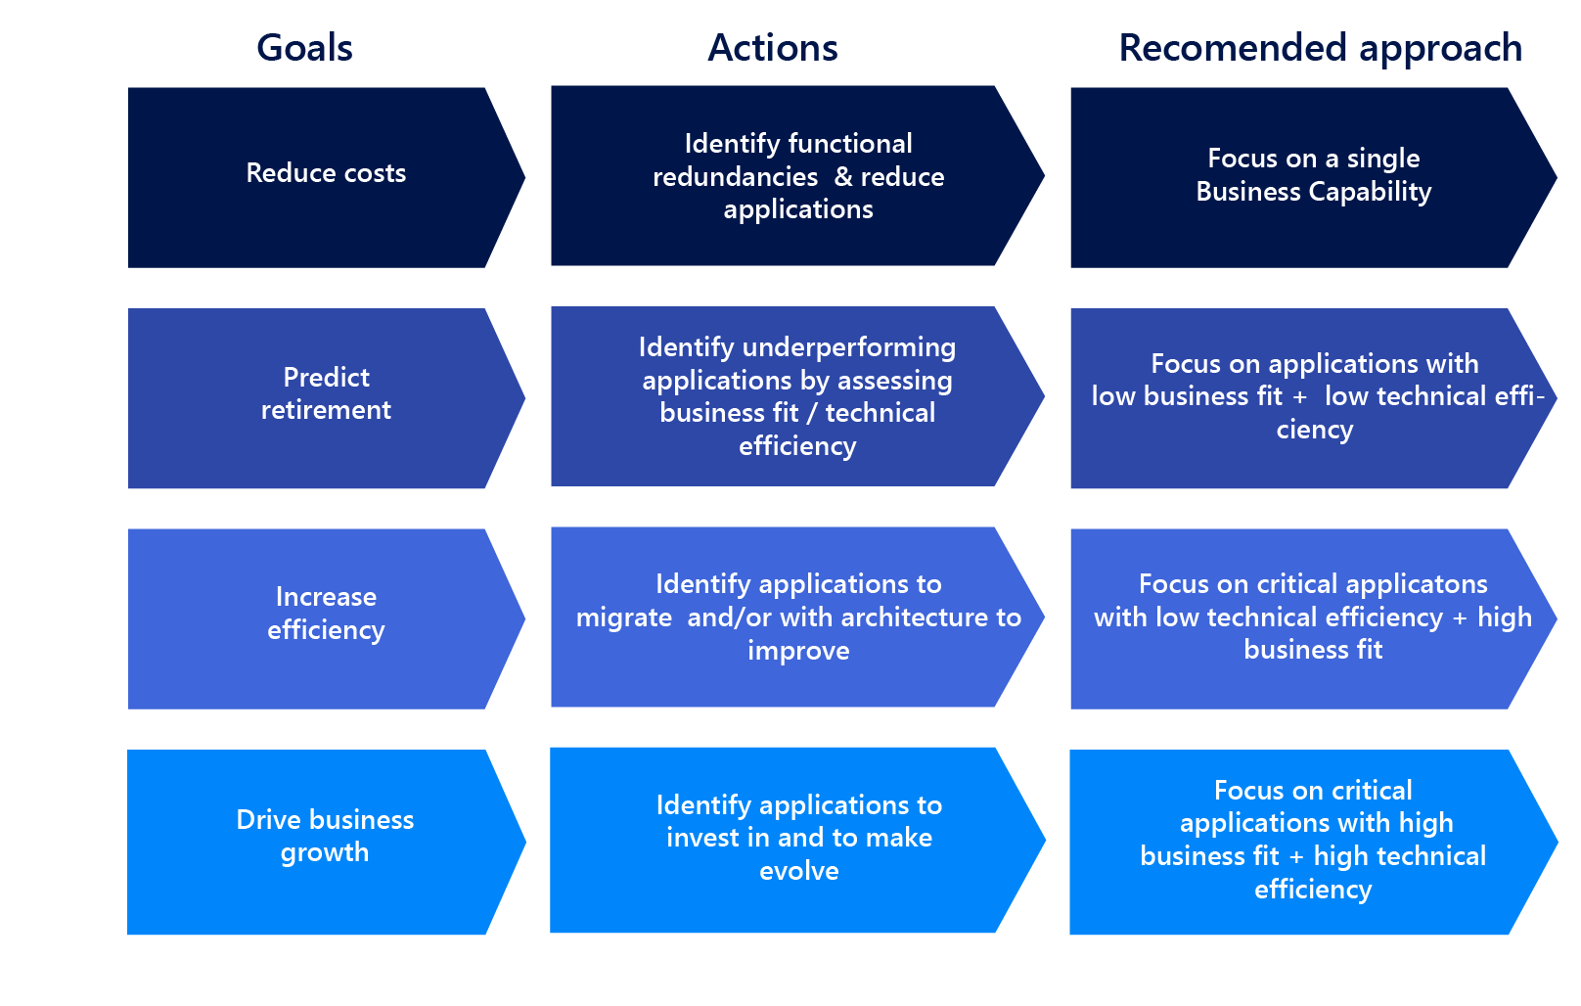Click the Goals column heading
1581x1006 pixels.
304,48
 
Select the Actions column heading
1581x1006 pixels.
773,48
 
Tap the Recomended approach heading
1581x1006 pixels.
1320,48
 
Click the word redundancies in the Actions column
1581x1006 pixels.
735,177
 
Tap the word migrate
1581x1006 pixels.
624,617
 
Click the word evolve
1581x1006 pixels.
798,871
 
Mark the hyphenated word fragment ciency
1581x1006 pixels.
1314,430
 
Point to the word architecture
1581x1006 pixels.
915,617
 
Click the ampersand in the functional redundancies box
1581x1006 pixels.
842,177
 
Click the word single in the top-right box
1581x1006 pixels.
1382,159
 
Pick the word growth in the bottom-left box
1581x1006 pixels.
325,852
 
